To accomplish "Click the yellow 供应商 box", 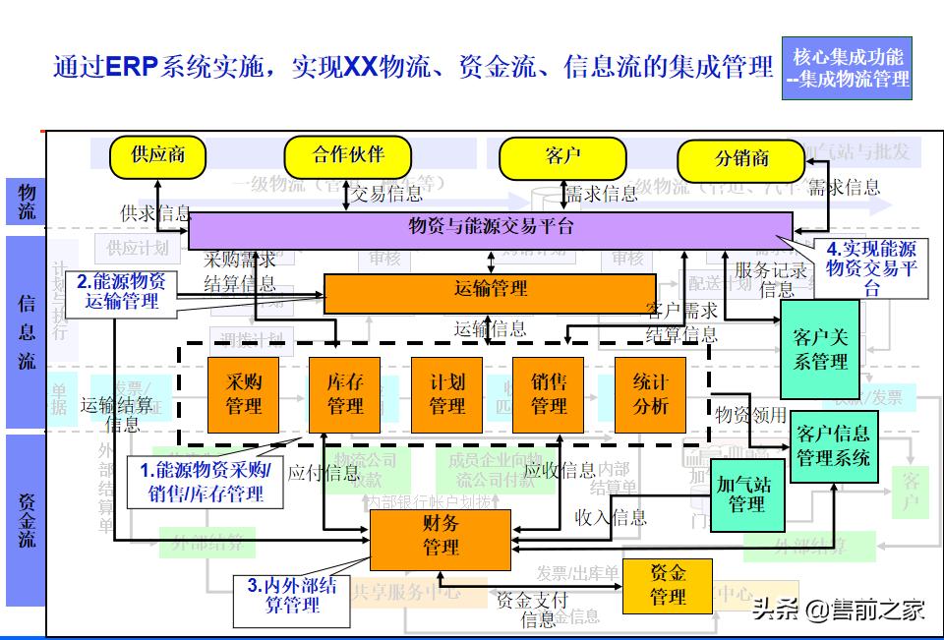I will pos(157,155).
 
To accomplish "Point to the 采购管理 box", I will pos(244,394).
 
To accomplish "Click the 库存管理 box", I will pos(345,394).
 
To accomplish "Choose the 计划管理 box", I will pos(446,394).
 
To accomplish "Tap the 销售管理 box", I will pos(548,394).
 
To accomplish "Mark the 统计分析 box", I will pos(650,394).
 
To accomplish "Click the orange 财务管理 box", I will pos(440,538).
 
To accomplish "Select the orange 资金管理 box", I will pos(667,584).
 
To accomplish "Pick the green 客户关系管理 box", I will pos(819,349).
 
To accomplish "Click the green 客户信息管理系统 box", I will pos(833,445).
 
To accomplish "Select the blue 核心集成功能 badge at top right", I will pos(847,67).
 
